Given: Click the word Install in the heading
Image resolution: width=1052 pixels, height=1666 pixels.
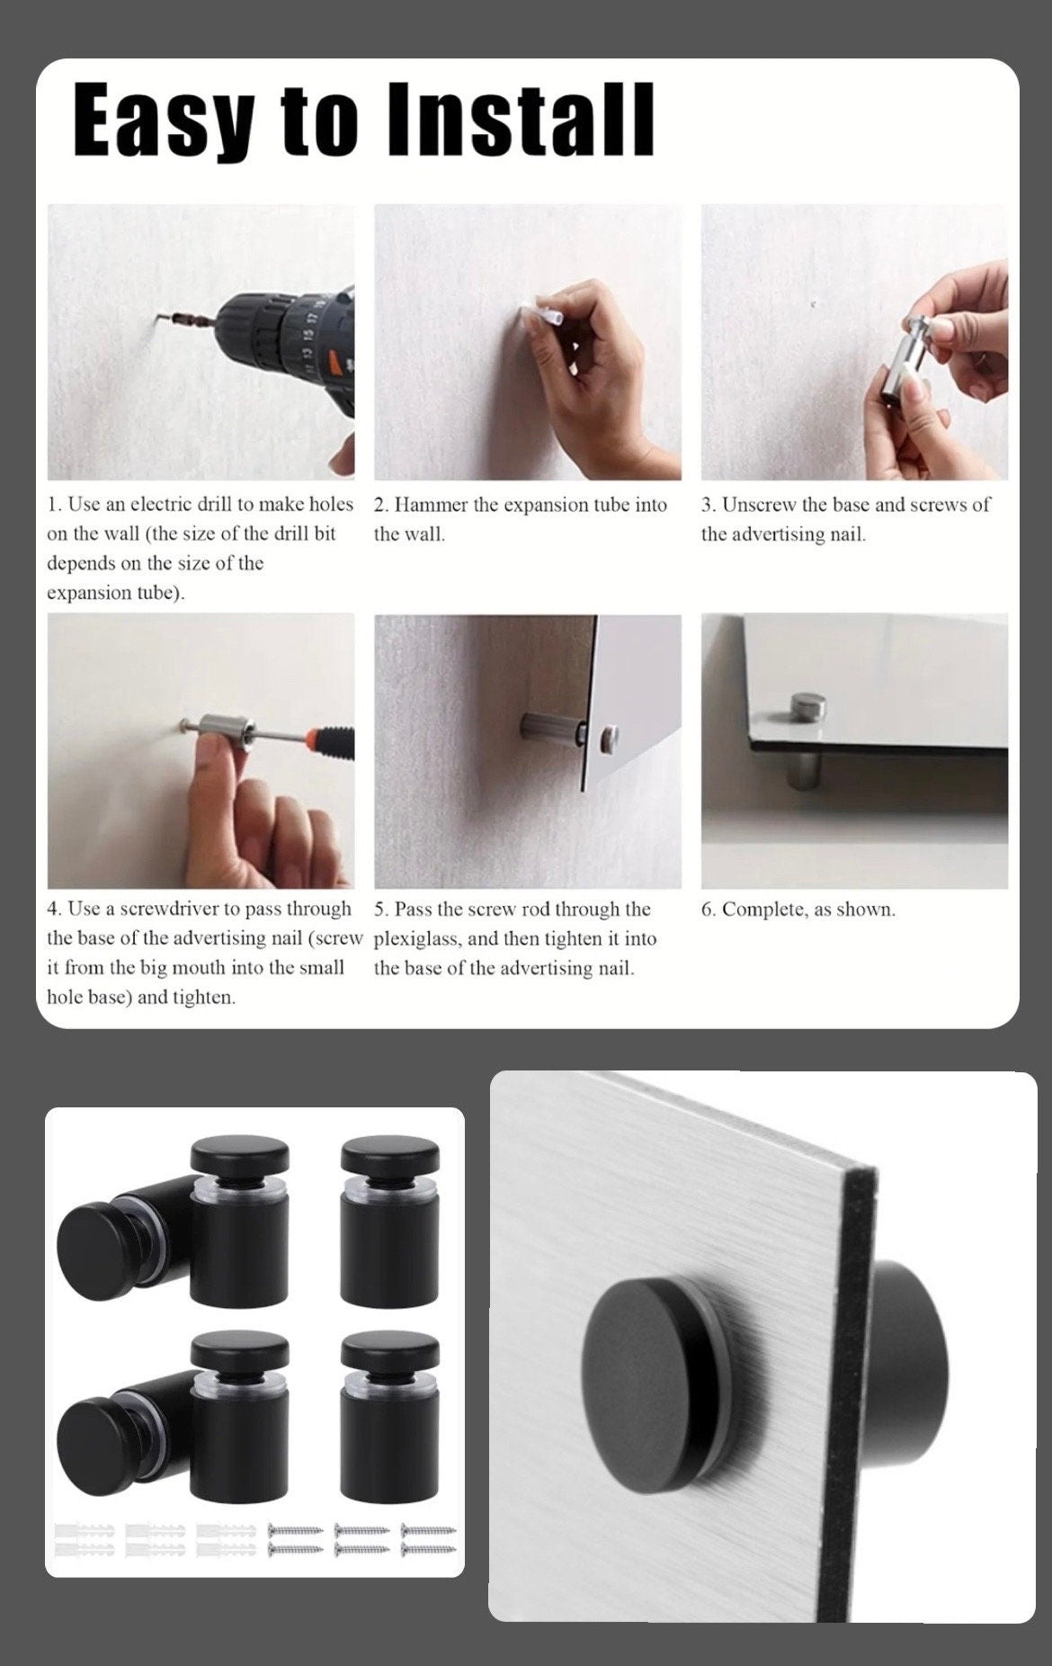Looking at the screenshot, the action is [x=521, y=119].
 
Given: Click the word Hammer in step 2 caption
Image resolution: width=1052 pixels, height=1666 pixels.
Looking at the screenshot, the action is [x=432, y=505].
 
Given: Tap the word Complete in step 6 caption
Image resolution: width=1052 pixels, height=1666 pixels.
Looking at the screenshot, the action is [x=764, y=909].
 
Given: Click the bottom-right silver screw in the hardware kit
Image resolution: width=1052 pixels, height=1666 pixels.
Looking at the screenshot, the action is [x=429, y=1549].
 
